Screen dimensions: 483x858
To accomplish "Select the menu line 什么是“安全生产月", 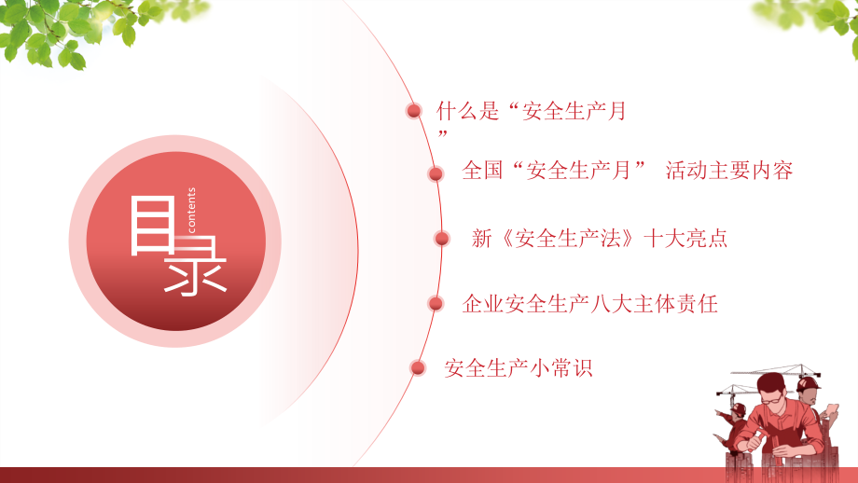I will (531, 112).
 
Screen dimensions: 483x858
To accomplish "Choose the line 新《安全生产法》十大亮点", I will (600, 239).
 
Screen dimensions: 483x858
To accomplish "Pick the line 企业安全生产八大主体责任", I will (589, 303).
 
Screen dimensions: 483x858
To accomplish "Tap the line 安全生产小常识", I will (519, 368).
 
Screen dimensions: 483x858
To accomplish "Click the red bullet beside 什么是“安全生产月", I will (413, 112).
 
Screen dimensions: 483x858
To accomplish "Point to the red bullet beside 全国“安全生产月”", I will (436, 172).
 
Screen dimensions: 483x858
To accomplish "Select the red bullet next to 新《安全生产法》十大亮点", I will (442, 239).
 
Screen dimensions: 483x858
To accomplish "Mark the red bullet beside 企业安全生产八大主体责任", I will (435, 303).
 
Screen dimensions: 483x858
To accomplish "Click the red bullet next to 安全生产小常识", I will (418, 367).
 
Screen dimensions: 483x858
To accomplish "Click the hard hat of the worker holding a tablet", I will (809, 385).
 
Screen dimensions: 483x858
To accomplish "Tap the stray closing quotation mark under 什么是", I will (443, 136).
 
